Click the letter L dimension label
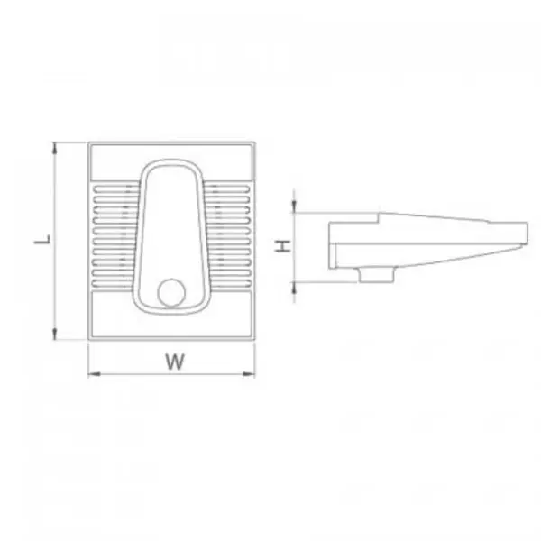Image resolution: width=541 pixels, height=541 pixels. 42,239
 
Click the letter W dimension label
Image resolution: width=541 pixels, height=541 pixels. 175,362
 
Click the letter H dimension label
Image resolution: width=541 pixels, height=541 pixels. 283,246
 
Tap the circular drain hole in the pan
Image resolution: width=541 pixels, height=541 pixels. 171,292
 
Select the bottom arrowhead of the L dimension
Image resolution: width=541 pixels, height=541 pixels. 54,334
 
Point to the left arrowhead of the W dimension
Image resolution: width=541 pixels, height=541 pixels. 94,373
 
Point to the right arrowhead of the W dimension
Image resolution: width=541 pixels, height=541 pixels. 249,373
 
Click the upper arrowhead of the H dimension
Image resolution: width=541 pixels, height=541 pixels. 294,206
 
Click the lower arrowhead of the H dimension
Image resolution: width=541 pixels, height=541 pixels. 294,288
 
